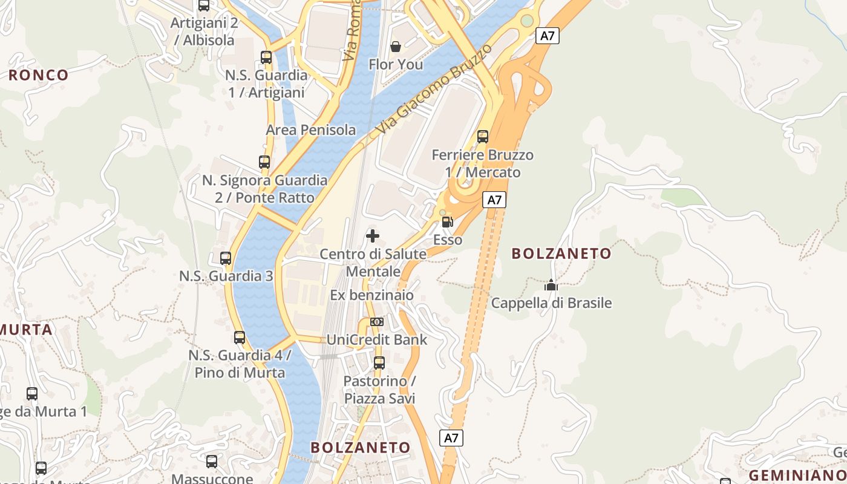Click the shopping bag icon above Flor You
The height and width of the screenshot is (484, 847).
pos(396,47)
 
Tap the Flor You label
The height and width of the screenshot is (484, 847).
pos(396,64)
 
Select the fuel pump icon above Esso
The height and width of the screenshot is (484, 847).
pos(447,222)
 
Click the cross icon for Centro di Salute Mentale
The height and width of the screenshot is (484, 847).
pos(373,236)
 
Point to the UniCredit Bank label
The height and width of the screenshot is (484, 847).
pos(377,339)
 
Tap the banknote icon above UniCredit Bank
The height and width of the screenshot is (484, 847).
pos(377,322)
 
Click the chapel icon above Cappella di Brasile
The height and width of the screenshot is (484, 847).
pos(551,284)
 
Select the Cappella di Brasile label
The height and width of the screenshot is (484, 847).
pos(551,302)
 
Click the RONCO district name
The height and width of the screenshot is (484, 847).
pos(39,76)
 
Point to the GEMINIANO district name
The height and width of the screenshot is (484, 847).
pos(797,475)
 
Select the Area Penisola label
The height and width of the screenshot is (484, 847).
pos(311,130)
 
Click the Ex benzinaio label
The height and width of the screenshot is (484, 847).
pos(372,295)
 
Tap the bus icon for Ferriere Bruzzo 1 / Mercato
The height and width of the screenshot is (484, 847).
pos(483,137)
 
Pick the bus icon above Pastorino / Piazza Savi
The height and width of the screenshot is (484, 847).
pos(379,363)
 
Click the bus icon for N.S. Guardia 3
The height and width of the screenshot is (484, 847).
pos(226,258)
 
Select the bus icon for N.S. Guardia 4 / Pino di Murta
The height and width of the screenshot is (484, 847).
pos(240,338)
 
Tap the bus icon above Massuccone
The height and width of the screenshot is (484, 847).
pos(212,462)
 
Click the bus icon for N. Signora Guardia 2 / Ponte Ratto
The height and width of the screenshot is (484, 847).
pos(264,162)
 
